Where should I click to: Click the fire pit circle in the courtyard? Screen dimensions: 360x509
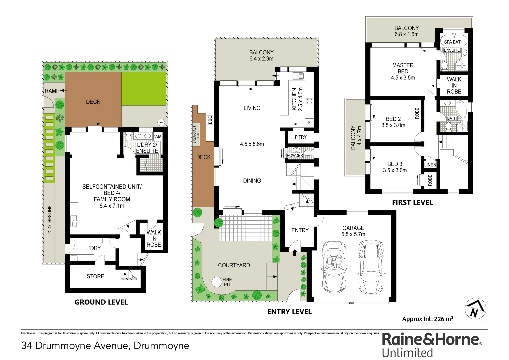coord(217,282)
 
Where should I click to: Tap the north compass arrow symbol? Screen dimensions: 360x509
coord(475,308)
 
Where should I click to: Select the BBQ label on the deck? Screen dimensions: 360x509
coord(210,119)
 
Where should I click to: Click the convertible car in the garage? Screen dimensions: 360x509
coord(334,267)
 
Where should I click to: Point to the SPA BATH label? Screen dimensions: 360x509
coord(453,42)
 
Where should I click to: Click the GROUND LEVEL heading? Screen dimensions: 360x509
coord(101,302)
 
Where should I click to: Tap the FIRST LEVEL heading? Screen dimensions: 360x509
coord(412,203)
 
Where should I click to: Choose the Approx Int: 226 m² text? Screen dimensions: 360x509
coord(428,319)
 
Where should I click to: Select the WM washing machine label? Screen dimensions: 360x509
coord(158,137)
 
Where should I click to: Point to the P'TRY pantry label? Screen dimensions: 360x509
coord(300,137)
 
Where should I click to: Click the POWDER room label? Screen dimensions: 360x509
coord(295,155)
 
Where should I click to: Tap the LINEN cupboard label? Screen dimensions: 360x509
coord(430,165)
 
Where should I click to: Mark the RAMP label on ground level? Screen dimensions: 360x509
coord(52,91)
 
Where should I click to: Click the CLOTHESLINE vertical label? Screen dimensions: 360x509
coord(50,219)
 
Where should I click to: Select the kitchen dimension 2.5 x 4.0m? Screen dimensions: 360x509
coord(300,99)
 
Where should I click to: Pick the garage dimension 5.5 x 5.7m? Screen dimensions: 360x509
coord(353,234)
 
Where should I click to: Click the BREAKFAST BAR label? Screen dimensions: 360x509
coord(196,134)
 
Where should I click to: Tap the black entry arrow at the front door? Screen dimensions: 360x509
coord(294,253)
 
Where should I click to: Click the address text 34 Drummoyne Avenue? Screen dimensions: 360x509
coord(105,346)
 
